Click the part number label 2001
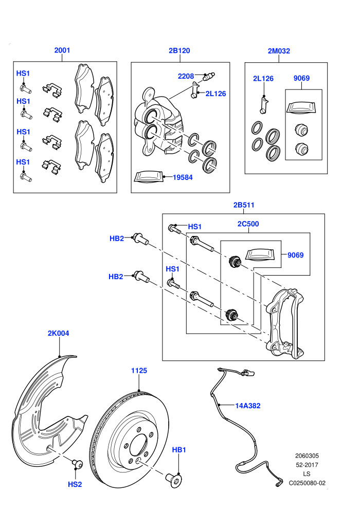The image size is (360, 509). pos(62,50)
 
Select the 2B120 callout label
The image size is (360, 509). pos(179,50)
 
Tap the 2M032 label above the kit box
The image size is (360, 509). pos(279,50)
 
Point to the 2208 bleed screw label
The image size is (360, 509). pos(186,76)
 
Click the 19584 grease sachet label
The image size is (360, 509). pos(183,177)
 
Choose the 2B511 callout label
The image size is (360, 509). pos(244,205)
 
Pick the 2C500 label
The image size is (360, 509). pos(248,224)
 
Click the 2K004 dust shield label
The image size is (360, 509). pos(59,333)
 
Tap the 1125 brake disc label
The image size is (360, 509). pos(139,370)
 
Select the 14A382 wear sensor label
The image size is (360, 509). pos(248,406)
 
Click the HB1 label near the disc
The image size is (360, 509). pos(179,449)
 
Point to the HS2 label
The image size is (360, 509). pos(75,484)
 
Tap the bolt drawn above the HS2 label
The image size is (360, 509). pos(77,464)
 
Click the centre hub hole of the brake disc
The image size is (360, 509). pos(139,445)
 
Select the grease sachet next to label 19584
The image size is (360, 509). pos(148,176)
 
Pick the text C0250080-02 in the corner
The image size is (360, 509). pos(307,483)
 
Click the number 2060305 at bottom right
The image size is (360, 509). pos(307,456)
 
